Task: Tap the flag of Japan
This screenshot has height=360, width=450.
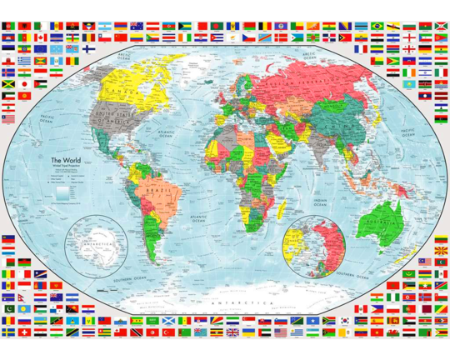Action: [25, 84]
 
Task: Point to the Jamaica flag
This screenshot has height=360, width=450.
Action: [9, 84]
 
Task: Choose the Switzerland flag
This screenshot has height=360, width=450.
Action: [25, 332]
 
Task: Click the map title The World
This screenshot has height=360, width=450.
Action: [67, 161]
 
